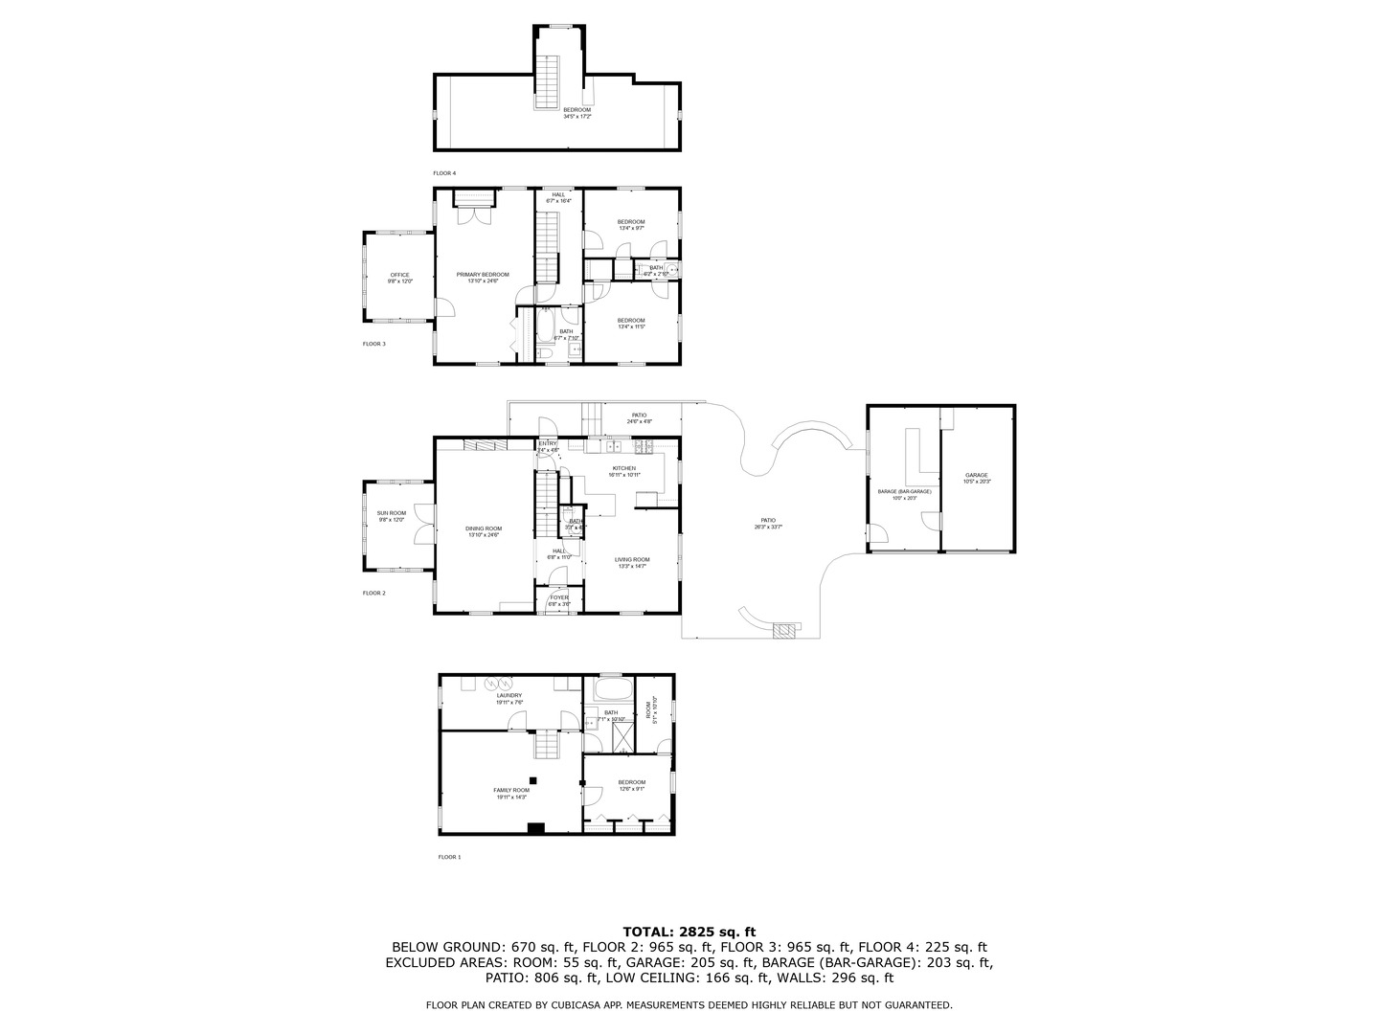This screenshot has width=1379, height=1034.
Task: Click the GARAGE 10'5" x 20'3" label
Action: pyautogui.click(x=977, y=478)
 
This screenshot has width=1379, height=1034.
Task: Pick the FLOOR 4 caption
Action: pyautogui.click(x=444, y=173)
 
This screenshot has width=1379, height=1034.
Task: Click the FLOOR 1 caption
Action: pyautogui.click(x=449, y=857)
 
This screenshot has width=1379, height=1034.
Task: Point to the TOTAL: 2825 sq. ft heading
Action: pyautogui.click(x=689, y=931)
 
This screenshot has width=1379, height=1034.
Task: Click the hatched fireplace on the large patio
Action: pyautogui.click(x=785, y=629)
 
